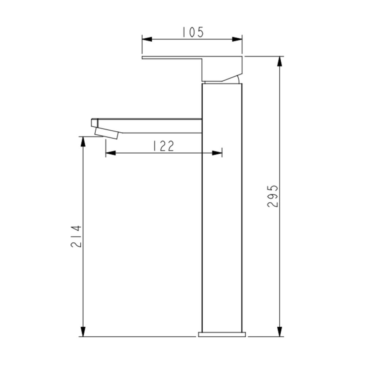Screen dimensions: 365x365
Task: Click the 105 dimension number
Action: pyautogui.click(x=193, y=32)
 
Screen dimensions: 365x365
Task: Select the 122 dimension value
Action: pyautogui.click(x=163, y=146)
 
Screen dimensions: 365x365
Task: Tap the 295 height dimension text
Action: pyautogui.click(x=272, y=196)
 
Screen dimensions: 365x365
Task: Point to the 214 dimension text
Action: pyautogui.click(x=76, y=236)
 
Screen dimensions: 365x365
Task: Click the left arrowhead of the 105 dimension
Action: pyautogui.click(x=147, y=39)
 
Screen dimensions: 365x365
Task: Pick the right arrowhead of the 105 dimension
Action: pyautogui.click(x=237, y=39)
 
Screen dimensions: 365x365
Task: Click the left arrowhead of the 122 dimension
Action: pyautogui.click(x=111, y=153)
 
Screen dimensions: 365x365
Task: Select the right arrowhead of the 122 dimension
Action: pyautogui.click(x=217, y=153)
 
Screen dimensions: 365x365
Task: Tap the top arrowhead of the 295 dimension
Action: pyautogui.click(x=280, y=61)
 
